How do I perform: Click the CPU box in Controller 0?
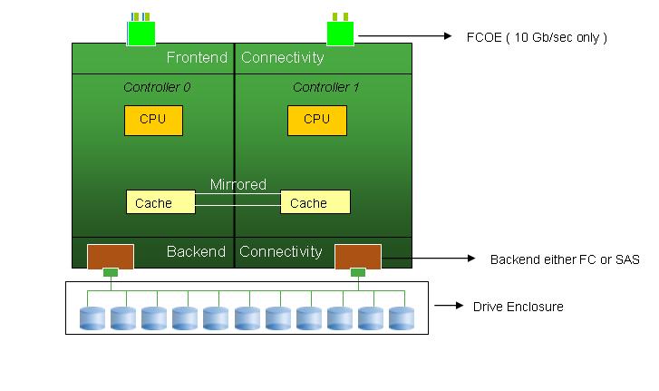click(153, 120)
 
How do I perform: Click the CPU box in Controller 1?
click(316, 120)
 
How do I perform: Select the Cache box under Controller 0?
click(160, 202)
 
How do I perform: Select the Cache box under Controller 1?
click(315, 202)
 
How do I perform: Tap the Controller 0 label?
click(157, 88)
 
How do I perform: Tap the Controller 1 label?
click(325, 88)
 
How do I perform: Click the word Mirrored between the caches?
click(238, 185)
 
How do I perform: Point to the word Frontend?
click(196, 58)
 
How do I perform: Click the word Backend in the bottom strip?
click(196, 251)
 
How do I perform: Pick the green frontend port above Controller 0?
click(141, 33)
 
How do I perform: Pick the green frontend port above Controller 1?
click(339, 33)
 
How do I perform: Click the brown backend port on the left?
click(110, 257)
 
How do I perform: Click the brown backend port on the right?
click(358, 257)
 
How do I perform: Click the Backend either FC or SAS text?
click(565, 259)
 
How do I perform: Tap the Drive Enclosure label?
click(518, 307)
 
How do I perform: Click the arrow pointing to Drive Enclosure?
click(449, 307)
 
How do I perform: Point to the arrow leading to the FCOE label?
click(408, 37)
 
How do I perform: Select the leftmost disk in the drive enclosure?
click(92, 318)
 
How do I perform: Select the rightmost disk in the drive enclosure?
click(402, 318)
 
